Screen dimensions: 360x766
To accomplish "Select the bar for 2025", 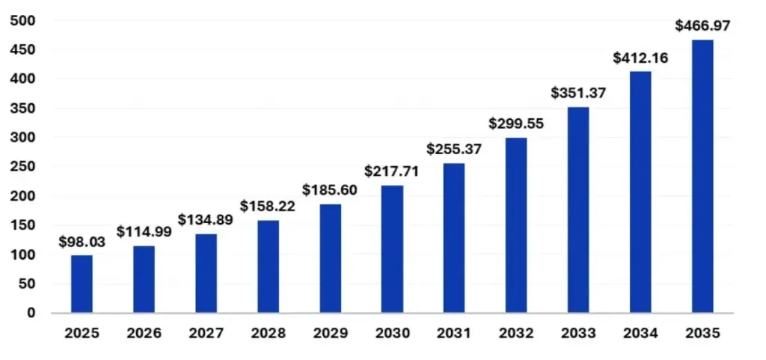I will click(x=82, y=284).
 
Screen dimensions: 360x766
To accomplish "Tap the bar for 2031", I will click(x=454, y=237).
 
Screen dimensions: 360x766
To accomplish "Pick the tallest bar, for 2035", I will click(x=702, y=176).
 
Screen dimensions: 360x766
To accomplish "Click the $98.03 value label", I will click(x=82, y=242).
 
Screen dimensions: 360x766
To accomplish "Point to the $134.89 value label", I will click(x=206, y=220).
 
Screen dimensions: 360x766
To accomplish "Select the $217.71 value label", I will click(x=392, y=171).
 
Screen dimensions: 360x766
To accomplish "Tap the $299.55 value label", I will click(x=516, y=123).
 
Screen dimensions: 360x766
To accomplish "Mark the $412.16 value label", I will click(x=640, y=57).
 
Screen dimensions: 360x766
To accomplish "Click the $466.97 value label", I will click(x=702, y=25).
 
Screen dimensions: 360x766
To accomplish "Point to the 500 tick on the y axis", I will click(x=22, y=20).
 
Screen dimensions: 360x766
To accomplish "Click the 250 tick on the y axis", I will click(x=22, y=167).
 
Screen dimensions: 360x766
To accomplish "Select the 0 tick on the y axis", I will click(x=31, y=313).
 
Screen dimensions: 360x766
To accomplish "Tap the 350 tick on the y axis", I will click(x=22, y=109).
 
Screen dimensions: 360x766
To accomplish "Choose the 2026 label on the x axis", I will click(x=144, y=334).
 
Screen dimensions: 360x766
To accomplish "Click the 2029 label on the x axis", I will click(x=330, y=334).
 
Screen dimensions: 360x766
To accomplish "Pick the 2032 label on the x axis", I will click(x=516, y=334).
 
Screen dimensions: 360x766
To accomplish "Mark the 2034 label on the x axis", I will click(x=640, y=334).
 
